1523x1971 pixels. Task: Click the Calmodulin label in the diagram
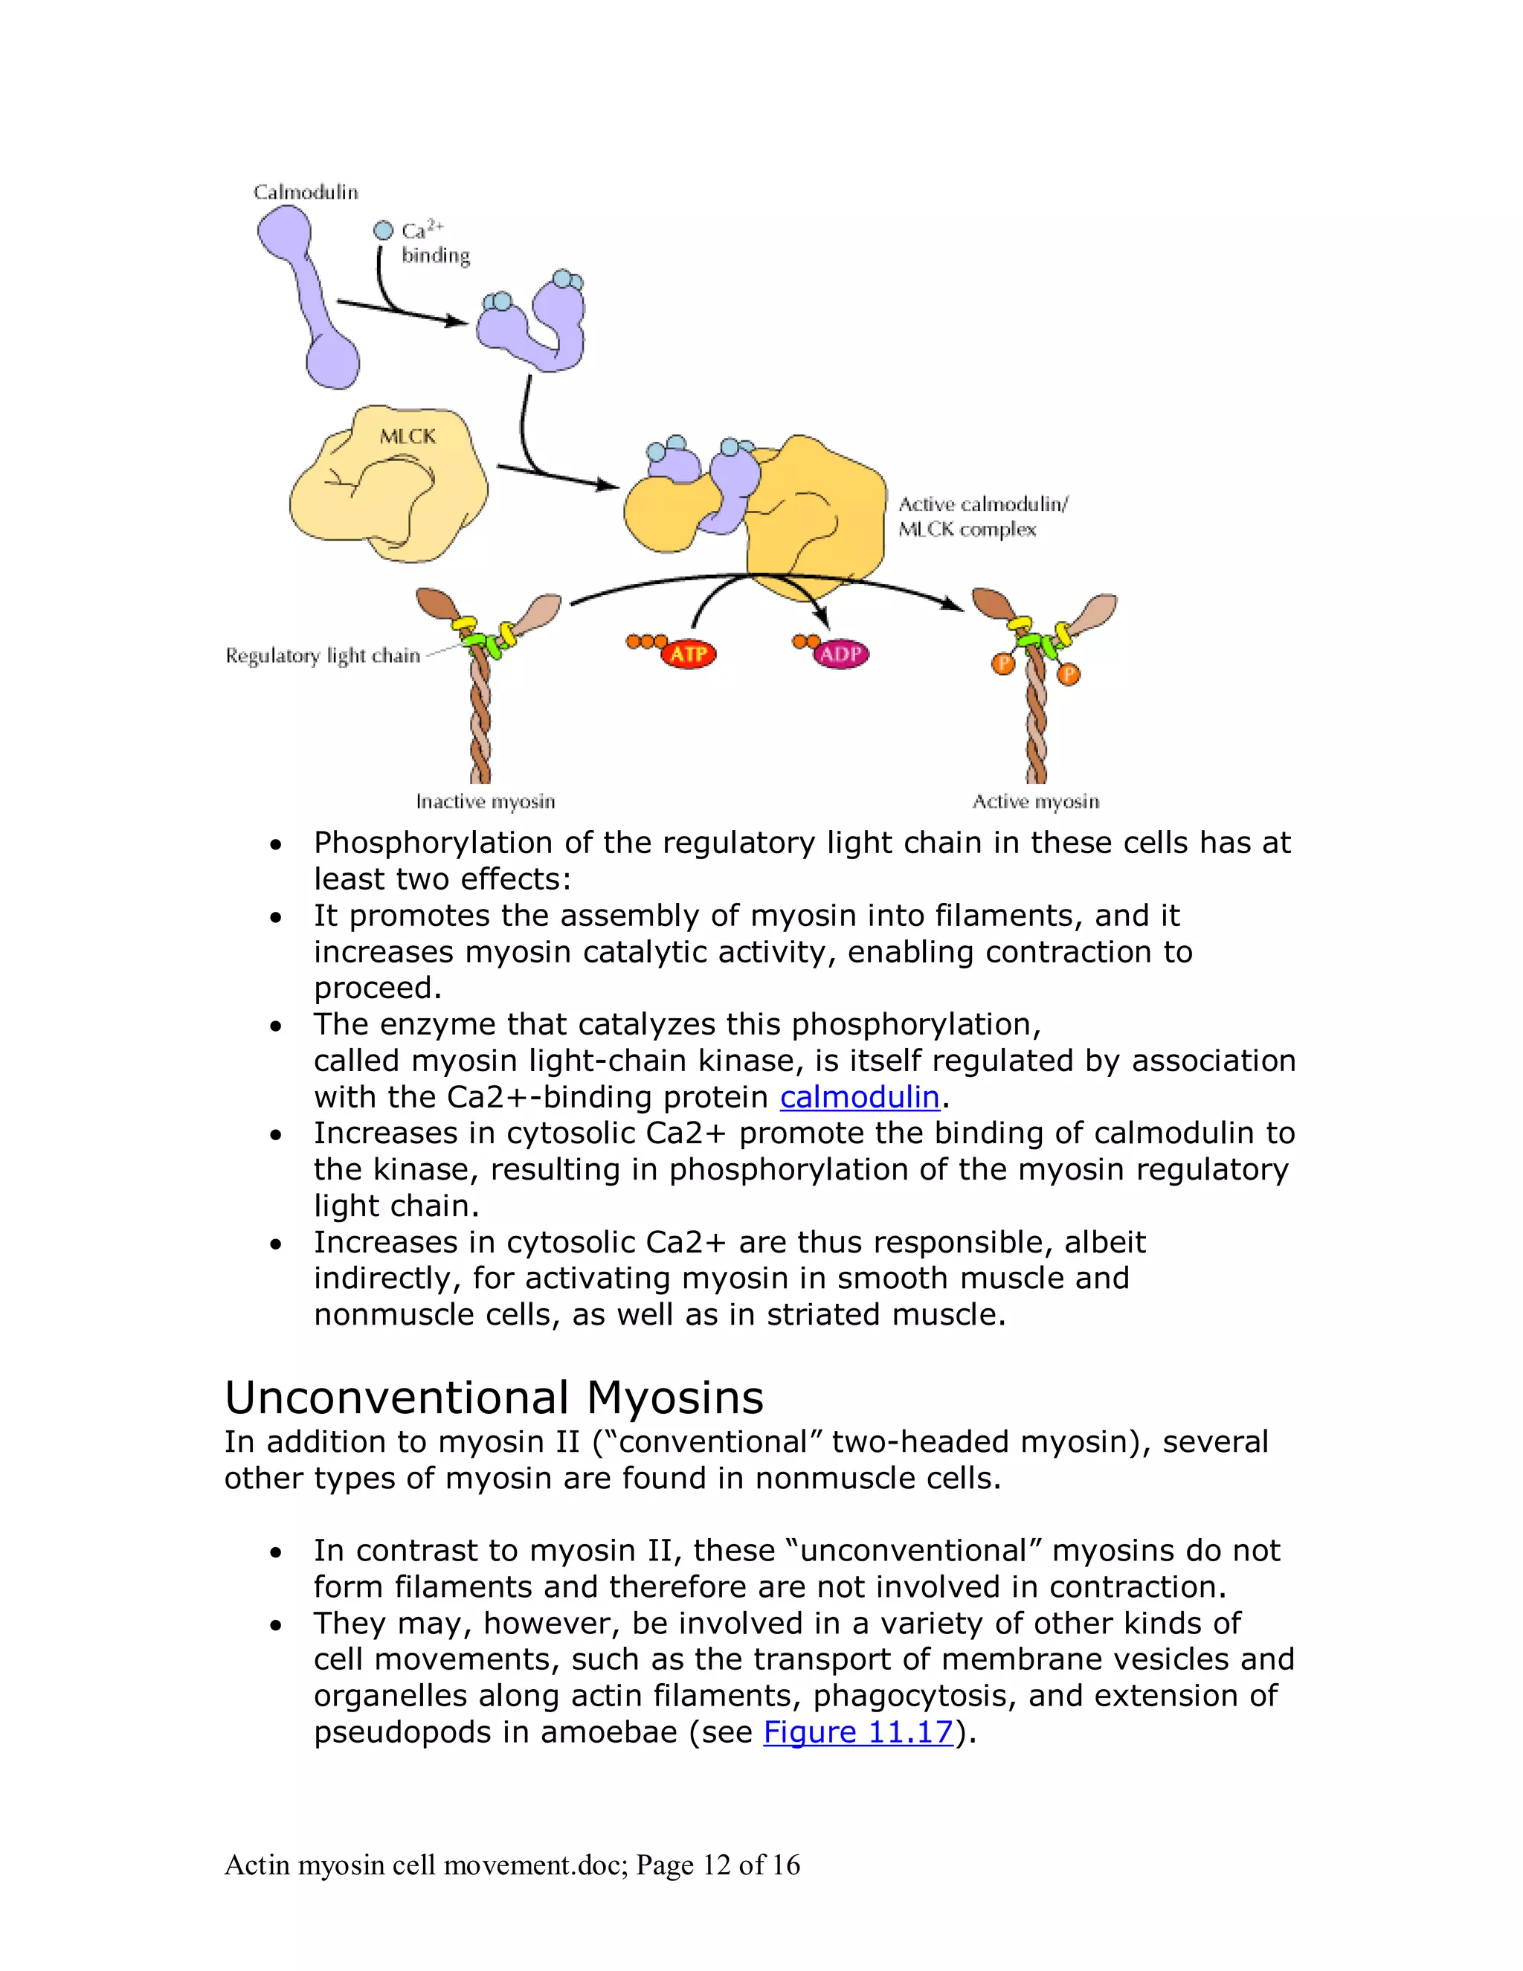click(306, 192)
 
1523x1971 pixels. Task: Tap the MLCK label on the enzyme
click(408, 437)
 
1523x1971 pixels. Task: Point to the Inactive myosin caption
click(486, 801)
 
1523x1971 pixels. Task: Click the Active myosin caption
click(1036, 801)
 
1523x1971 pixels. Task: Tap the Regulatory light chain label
click(323, 655)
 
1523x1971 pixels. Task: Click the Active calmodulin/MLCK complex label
click(982, 516)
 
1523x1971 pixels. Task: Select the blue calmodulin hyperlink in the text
click(860, 1096)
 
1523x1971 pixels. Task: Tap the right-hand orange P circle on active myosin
click(1069, 674)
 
